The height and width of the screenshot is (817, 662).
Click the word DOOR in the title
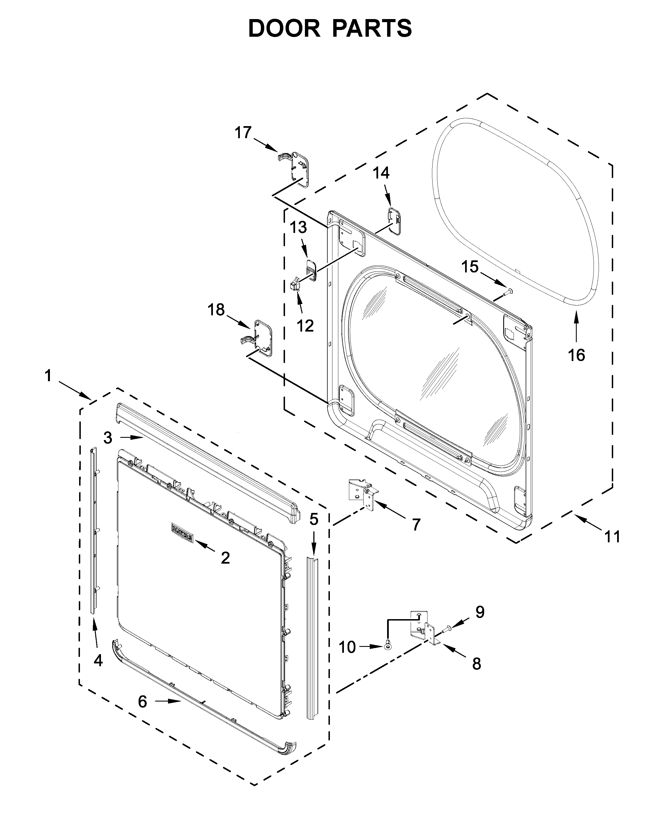pos(284,29)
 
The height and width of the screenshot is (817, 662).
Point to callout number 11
pos(612,536)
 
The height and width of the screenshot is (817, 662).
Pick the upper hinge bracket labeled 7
pos(362,494)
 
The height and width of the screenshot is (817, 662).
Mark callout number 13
pos(298,228)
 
